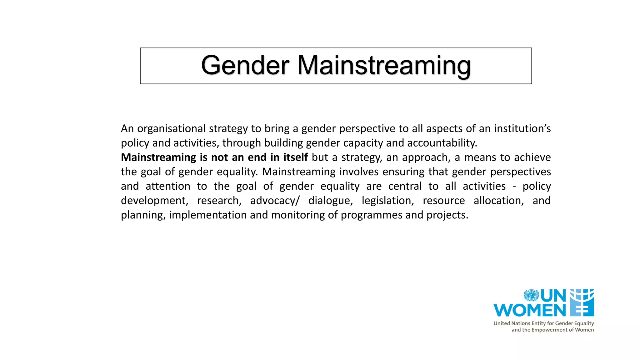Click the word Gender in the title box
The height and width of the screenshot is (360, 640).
245,66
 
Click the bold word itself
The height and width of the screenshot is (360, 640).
295,157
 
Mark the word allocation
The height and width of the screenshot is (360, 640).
498,201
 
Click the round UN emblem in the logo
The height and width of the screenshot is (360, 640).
531,295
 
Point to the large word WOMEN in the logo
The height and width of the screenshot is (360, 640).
529,310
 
